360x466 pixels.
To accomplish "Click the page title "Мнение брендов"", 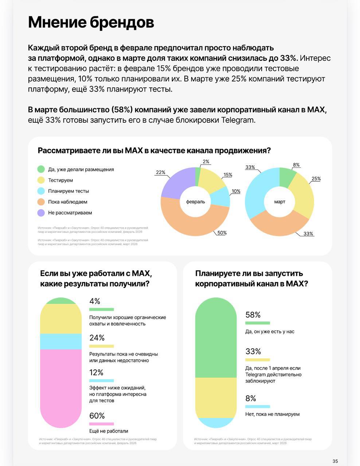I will pos(91,22).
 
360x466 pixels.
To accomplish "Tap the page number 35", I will pos(335,461).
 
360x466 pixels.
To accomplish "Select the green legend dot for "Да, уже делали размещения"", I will pos(41,169).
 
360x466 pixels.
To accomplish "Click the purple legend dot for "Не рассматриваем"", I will pos(41,213).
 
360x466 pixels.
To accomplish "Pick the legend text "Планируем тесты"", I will pos(69,191).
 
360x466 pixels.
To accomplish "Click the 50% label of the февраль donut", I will pos(222,233).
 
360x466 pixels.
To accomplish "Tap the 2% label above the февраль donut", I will pos(206,162).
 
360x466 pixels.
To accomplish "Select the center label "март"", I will pos(279,202).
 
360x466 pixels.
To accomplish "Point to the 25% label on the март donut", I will pos(316,179).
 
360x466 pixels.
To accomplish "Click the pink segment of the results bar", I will pos(61,386).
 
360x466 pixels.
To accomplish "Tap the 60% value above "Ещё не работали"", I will pos(97,416).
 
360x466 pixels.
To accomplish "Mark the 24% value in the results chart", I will pos(97,338).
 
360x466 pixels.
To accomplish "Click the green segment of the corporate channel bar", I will pos(216,339).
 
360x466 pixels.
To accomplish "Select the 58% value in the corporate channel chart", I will pos(253,315).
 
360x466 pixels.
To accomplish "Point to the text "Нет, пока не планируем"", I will pos(272,414).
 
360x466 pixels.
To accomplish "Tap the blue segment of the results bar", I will pos(61,341).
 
